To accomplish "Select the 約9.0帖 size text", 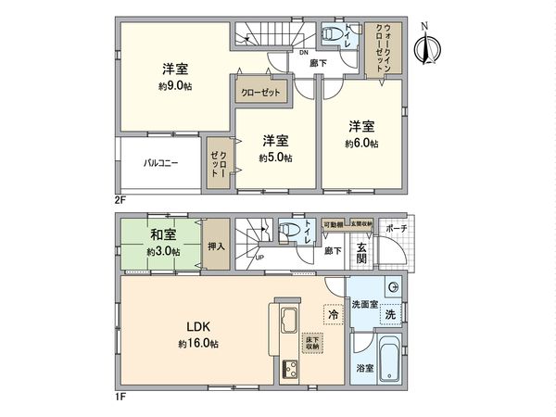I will point(173,86).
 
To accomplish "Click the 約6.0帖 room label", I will point(361,144).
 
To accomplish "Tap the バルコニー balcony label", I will point(160,163).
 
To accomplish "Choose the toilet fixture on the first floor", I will point(288,229).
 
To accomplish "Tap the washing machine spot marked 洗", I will point(390,315).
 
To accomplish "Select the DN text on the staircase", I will point(303,53).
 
